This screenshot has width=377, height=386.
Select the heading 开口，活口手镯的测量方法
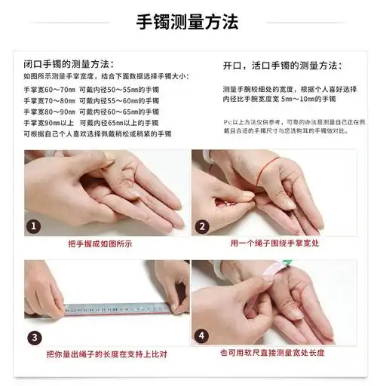[x=282, y=66]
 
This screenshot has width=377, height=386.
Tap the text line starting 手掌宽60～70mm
[x=91, y=89]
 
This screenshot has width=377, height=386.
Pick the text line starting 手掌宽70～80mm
[x=91, y=100]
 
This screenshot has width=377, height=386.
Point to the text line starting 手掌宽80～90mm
[x=91, y=112]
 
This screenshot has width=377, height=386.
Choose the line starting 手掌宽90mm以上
[x=91, y=123]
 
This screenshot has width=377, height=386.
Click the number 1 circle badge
[x=34, y=226]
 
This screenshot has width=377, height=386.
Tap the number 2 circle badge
[x=202, y=226]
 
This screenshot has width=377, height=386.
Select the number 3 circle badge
[x=34, y=336]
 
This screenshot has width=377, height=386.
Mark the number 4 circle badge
[x=201, y=336]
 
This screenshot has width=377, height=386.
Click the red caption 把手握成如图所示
[x=100, y=244]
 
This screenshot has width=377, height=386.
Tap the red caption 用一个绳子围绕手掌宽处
[x=274, y=244]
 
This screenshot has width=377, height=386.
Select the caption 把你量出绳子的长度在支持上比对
[x=106, y=354]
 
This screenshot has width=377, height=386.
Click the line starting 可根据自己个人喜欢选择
[x=97, y=134]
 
